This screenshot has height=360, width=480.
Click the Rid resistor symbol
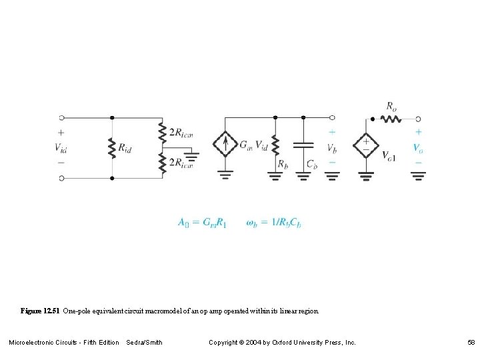click(x=112, y=148)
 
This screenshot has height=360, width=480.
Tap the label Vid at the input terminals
click(x=61, y=147)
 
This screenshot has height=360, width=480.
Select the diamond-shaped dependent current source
click(x=226, y=143)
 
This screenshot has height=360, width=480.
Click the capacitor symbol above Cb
click(x=303, y=144)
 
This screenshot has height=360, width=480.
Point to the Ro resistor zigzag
click(x=390, y=119)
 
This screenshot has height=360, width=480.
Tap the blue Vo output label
click(x=418, y=147)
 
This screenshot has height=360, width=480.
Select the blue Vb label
click(x=332, y=147)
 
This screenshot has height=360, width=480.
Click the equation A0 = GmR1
click(x=202, y=223)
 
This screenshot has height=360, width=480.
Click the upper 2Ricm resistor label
click(x=181, y=133)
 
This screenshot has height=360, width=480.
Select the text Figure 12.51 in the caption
click(x=40, y=311)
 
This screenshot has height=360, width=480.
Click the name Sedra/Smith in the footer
click(x=144, y=343)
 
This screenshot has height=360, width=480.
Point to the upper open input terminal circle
click(x=61, y=119)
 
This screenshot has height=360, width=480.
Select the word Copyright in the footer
click(x=223, y=343)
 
